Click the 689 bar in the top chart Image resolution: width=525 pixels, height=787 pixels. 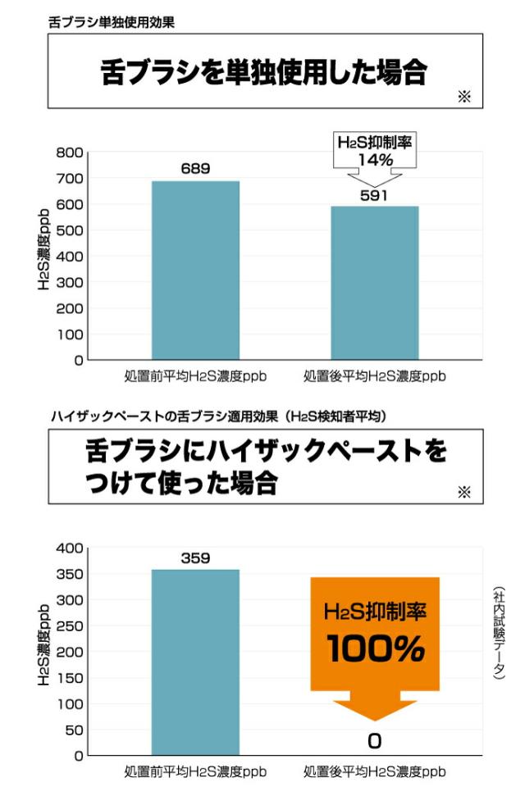195,271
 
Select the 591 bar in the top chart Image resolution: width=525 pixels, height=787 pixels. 374,283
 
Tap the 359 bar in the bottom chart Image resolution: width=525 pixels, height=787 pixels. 195,662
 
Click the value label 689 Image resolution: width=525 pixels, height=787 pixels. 195,169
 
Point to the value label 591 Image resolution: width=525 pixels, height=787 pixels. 374,195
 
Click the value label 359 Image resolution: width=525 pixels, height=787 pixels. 195,558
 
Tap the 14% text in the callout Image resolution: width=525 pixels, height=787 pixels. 375,160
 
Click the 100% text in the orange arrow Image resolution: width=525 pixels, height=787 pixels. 375,650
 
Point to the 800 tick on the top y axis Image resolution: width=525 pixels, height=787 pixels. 70,152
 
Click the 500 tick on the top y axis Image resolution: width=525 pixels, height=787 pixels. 70,230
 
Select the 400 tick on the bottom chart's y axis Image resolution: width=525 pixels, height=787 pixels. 70,548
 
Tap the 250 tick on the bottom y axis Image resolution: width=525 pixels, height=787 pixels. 70,626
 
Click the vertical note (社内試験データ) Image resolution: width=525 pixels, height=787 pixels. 498,632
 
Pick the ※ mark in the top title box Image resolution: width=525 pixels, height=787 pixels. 464,98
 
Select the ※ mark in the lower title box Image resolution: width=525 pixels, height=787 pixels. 464,492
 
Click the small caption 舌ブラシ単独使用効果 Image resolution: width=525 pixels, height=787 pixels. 112,22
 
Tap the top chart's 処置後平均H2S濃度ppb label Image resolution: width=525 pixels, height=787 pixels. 374,376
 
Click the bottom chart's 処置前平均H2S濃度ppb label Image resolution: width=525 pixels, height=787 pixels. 195,771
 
